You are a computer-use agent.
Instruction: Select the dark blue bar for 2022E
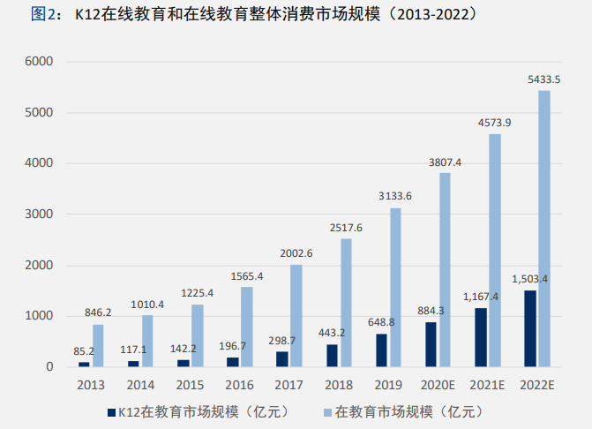coord(529,328)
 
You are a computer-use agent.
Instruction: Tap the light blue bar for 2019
coord(395,287)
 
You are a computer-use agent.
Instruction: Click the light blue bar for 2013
coord(98,345)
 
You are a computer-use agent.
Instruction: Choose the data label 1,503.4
coord(529,279)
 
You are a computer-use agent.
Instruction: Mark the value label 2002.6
coord(296,253)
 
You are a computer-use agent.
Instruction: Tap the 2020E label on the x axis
coord(438,385)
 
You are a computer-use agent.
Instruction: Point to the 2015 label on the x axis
coord(190,385)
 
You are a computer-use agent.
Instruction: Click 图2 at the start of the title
coord(45,15)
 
